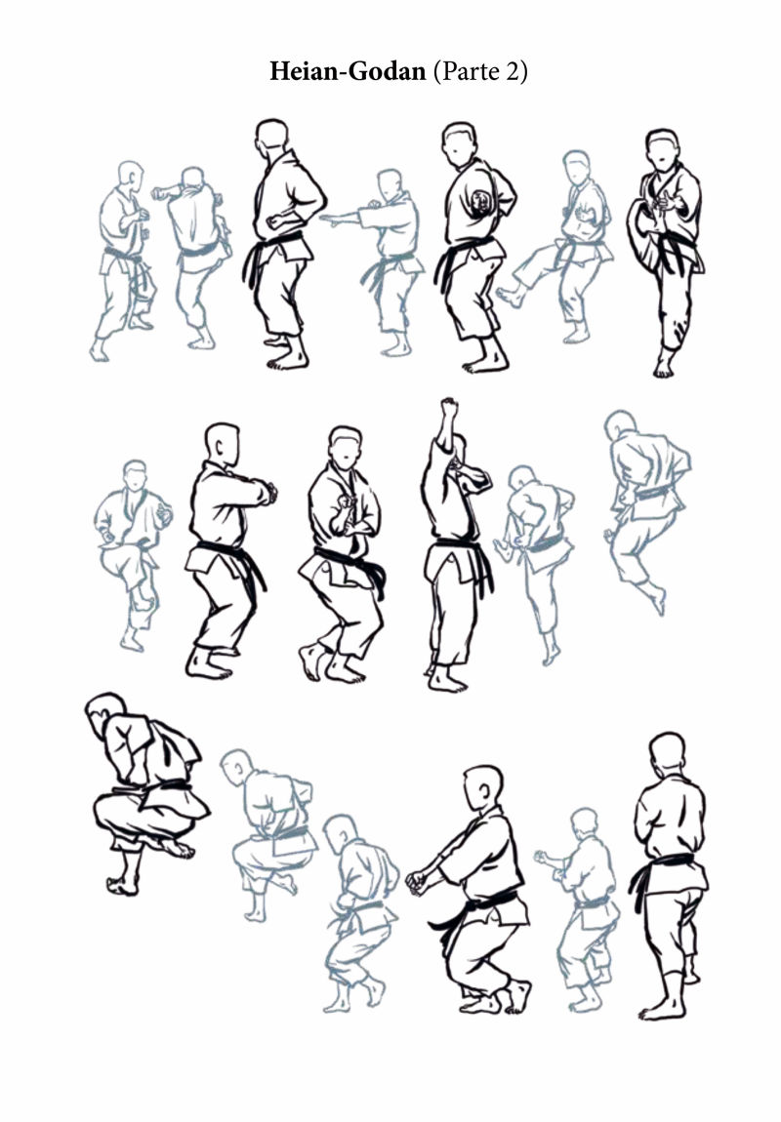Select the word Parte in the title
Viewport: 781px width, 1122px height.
click(469, 71)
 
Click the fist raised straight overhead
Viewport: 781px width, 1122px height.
click(449, 408)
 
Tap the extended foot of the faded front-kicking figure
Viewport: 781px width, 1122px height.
click(510, 297)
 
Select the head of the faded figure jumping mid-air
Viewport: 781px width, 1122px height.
click(619, 425)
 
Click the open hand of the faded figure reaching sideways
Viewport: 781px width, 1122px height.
click(329, 219)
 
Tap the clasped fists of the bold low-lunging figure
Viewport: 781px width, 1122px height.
click(417, 881)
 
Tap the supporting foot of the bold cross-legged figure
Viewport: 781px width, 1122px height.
click(122, 885)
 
